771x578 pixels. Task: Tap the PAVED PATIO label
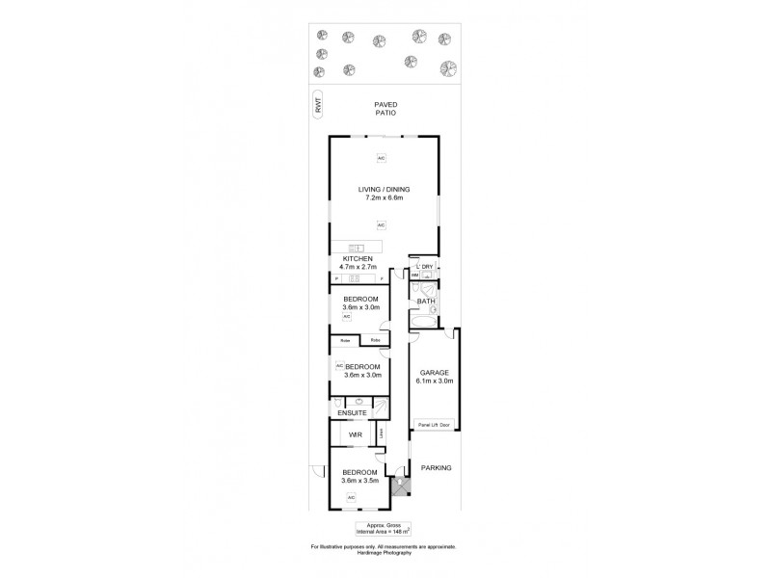click(385, 108)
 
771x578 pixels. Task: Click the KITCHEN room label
click(358, 260)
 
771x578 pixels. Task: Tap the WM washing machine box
click(415, 276)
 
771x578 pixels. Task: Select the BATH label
click(425, 302)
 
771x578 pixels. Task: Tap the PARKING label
click(436, 467)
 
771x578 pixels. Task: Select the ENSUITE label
click(351, 414)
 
